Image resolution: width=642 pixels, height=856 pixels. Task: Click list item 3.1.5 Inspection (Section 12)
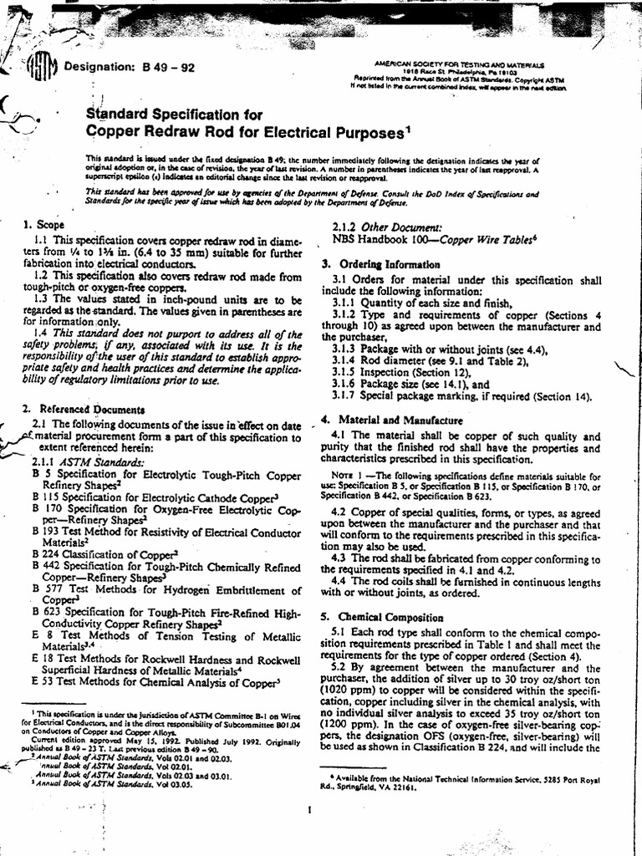point(397,369)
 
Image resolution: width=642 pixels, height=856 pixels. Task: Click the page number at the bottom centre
point(310,809)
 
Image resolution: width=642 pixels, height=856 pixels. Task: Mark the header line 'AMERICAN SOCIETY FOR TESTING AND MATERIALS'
point(461,64)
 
